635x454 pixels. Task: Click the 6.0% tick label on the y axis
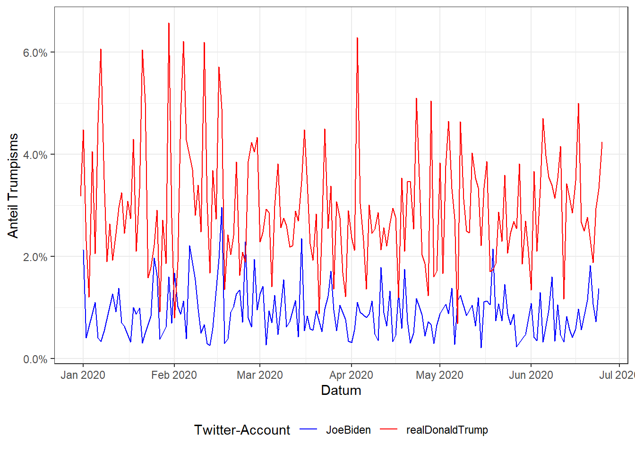pos(35,52)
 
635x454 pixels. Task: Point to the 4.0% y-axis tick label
pos(35,155)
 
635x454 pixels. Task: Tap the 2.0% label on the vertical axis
pos(35,257)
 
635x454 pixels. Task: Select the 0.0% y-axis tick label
pos(35,359)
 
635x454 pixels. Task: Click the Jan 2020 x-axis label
pos(83,375)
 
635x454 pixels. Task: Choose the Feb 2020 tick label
pos(174,375)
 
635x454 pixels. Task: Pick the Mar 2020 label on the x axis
pos(260,375)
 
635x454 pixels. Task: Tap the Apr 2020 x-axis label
pos(351,375)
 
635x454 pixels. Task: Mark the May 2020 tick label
pos(439,375)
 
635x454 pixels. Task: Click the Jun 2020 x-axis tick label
pos(531,375)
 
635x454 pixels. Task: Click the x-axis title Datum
pos(341,391)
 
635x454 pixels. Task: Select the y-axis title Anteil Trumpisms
pos(13,185)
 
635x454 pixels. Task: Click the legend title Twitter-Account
pos(242,430)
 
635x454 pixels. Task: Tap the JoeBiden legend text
pos(348,430)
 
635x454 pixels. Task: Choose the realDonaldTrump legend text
pos(447,430)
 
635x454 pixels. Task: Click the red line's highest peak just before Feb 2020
pos(169,24)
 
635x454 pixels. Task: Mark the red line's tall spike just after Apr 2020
pos(357,38)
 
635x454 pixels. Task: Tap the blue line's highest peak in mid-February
pos(222,208)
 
